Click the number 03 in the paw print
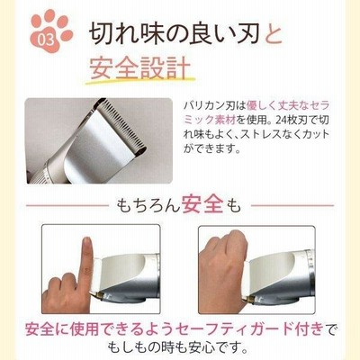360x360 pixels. pyautogui.click(x=46, y=40)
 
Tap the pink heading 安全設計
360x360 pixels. pyautogui.click(x=140, y=67)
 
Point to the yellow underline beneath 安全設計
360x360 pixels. pyautogui.click(x=140, y=81)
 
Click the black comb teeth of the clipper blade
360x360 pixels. pyautogui.click(x=122, y=123)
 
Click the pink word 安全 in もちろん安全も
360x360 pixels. pyautogui.click(x=202, y=205)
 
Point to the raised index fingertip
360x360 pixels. pyautogui.click(x=87, y=242)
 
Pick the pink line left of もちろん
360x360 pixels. pyautogui.click(x=67, y=206)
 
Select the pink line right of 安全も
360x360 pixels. pyautogui.click(x=292, y=206)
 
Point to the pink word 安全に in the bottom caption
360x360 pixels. pyautogui.click(x=47, y=329)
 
